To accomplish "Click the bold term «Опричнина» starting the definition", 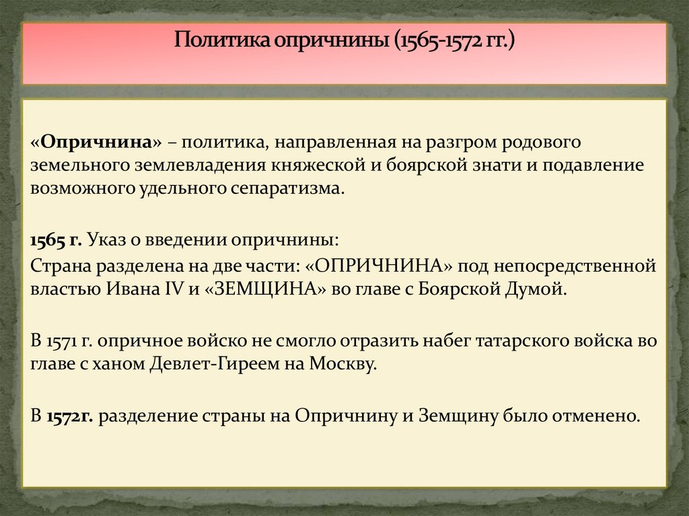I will [x=96, y=143].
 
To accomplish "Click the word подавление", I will [x=598, y=165].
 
